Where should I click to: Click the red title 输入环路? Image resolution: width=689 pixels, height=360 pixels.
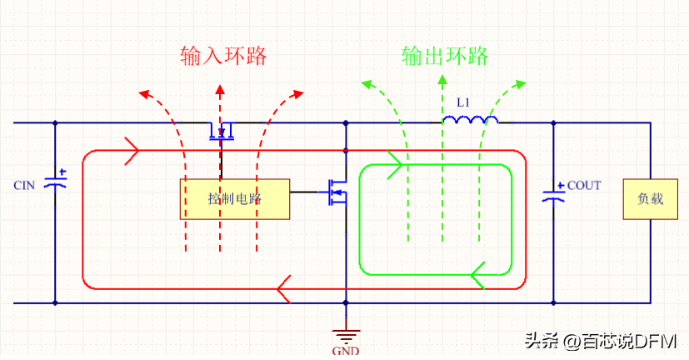click(223, 56)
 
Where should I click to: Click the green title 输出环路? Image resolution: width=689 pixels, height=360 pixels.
click(444, 56)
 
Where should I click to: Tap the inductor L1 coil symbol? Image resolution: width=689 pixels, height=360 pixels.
click(470, 122)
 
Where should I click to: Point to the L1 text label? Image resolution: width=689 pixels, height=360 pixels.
click(463, 102)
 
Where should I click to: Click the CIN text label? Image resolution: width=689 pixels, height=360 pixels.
click(24, 185)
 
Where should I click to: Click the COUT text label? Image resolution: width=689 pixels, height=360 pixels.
click(584, 185)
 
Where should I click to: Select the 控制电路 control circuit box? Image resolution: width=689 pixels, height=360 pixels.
click(234, 198)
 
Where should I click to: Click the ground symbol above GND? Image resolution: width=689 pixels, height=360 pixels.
click(346, 334)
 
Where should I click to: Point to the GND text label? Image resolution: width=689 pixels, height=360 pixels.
click(346, 351)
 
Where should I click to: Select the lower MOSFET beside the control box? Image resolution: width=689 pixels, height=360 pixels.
click(337, 192)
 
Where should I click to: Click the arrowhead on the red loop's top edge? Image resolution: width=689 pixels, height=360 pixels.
click(132, 152)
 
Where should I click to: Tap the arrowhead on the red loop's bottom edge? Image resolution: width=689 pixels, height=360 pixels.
click(283, 288)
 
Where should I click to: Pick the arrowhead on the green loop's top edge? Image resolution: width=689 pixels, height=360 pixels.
click(395, 165)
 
